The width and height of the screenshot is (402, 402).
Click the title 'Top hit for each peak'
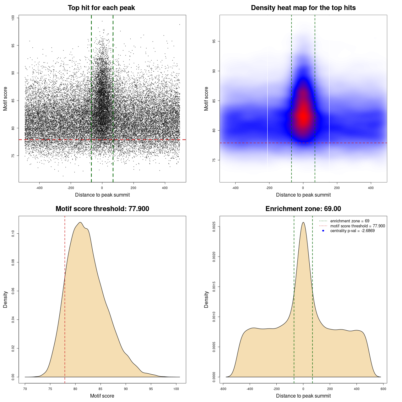click(x=101, y=8)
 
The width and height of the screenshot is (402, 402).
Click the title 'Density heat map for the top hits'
click(x=303, y=8)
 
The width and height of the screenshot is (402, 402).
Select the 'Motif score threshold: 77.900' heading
click(x=102, y=209)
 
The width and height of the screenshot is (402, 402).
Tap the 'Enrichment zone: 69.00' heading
click(x=303, y=209)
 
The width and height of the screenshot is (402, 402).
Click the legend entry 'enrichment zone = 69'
click(x=350, y=221)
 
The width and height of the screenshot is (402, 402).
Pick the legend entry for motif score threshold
click(x=357, y=226)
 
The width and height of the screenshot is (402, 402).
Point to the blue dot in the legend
click(x=323, y=231)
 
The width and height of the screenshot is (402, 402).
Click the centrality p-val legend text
click(x=352, y=231)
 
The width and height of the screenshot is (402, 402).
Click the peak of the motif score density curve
click(x=80, y=222)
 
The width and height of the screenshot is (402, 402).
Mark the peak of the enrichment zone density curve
click(x=303, y=222)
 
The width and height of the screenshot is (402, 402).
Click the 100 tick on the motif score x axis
click(x=176, y=389)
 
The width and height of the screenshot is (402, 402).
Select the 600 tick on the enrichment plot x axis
click(x=383, y=389)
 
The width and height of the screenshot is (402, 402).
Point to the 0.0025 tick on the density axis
click(x=214, y=227)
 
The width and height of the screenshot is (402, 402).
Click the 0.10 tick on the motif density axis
click(x=13, y=234)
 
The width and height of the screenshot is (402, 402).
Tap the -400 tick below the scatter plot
click(x=39, y=188)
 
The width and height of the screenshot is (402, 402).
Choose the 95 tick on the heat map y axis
click(x=214, y=41)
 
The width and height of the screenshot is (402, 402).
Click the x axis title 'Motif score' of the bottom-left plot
click(x=102, y=396)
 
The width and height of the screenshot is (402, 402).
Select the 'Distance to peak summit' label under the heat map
click(x=303, y=195)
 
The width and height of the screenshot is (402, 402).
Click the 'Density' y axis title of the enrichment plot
click(x=206, y=299)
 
